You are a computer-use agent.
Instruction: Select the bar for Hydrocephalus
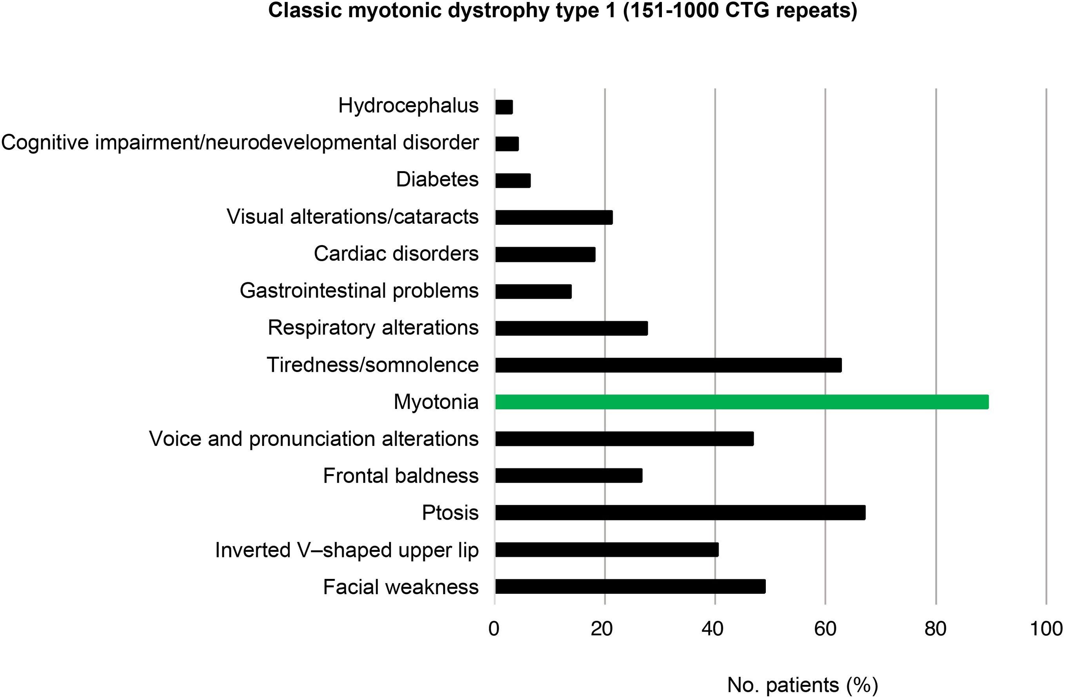coord(504,107)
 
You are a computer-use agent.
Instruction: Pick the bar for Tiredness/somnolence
coord(668,365)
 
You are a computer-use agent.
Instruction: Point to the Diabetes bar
coord(513,181)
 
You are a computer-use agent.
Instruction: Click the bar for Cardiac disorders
coord(545,254)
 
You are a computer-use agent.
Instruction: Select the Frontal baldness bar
coord(568,476)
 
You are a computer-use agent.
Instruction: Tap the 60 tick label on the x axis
coord(825,629)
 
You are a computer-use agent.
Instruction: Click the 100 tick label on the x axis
coord(1046,629)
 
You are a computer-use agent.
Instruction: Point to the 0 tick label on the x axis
coord(494,629)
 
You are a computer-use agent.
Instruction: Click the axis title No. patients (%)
coord(802,684)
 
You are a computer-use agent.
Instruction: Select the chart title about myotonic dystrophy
coord(562,11)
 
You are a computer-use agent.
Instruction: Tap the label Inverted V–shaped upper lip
coord(347,550)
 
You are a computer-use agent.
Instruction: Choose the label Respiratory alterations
coord(373,328)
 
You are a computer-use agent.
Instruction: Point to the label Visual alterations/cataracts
coord(353,217)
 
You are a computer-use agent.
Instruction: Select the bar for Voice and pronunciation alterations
coord(624,439)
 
